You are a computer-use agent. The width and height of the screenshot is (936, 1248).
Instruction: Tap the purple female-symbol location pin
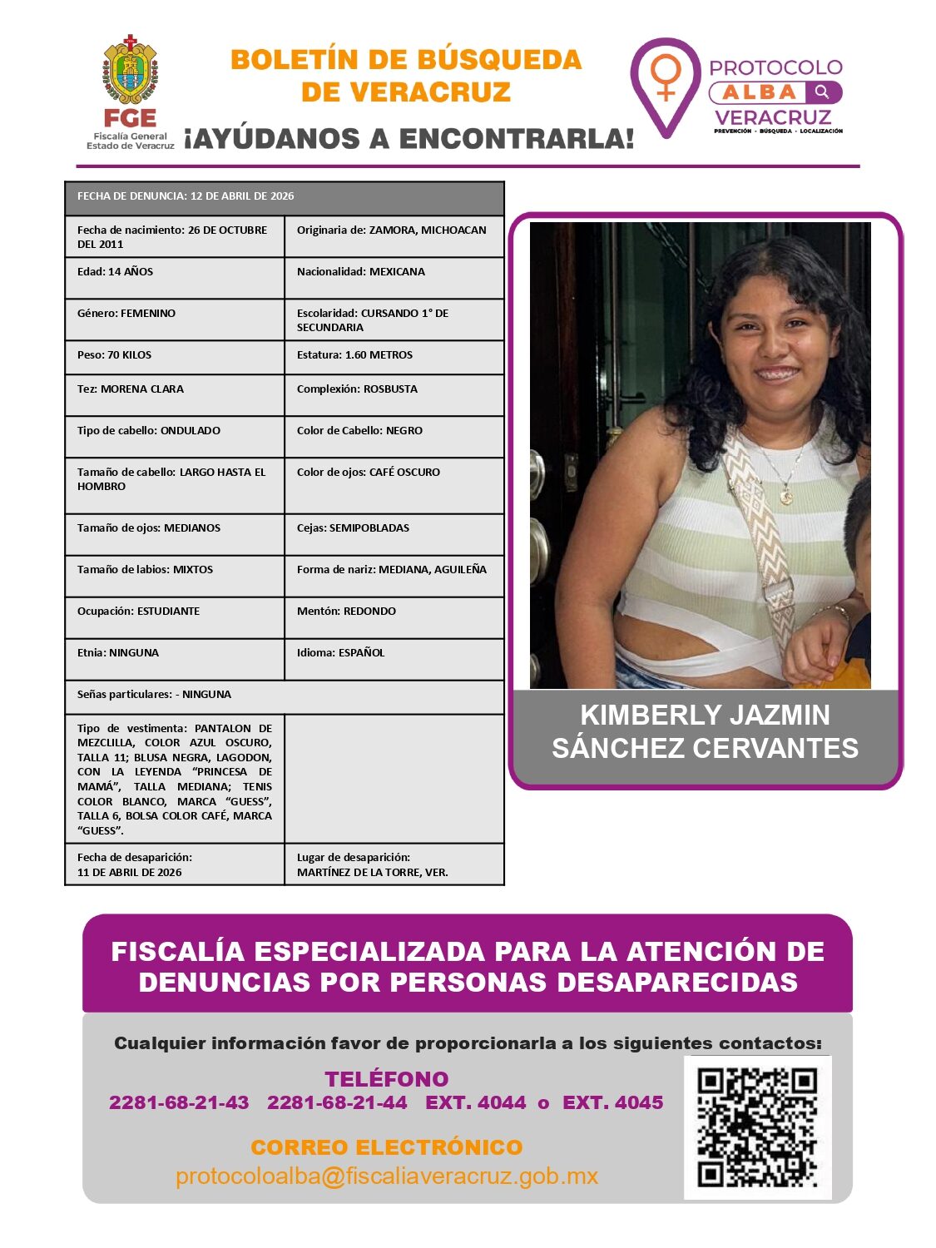click(666, 83)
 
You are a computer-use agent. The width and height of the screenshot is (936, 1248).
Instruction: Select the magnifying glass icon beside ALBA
click(822, 92)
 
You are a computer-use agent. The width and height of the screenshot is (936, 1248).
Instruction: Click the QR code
click(757, 1127)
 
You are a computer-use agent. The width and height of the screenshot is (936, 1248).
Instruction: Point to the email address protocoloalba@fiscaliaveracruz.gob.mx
click(387, 1176)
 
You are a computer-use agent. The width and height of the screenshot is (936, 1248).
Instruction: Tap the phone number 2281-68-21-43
click(179, 1102)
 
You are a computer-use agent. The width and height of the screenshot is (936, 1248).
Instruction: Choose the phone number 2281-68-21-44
click(337, 1102)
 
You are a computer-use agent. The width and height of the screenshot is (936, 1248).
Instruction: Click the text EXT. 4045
click(613, 1102)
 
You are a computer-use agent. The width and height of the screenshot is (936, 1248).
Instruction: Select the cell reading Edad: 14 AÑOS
click(175, 278)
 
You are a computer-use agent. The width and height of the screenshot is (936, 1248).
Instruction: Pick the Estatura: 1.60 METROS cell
click(394, 357)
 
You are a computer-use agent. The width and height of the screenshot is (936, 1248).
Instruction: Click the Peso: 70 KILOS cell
click(175, 357)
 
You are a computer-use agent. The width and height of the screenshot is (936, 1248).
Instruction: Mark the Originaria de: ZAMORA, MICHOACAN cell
click(394, 236)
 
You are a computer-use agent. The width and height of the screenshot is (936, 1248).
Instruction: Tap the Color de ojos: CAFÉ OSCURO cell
click(394, 485)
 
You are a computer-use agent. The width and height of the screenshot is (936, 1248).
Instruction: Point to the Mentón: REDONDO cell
click(394, 617)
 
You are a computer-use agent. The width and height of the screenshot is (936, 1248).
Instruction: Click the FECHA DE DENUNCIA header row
click(285, 198)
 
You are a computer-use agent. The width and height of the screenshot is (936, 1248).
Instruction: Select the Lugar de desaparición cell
click(394, 864)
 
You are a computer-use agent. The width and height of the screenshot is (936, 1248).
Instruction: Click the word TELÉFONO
click(387, 1079)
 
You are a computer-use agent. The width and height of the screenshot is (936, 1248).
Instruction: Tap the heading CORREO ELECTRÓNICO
click(387, 1147)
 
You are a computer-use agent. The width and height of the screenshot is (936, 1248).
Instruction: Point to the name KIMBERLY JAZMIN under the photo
click(705, 715)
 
